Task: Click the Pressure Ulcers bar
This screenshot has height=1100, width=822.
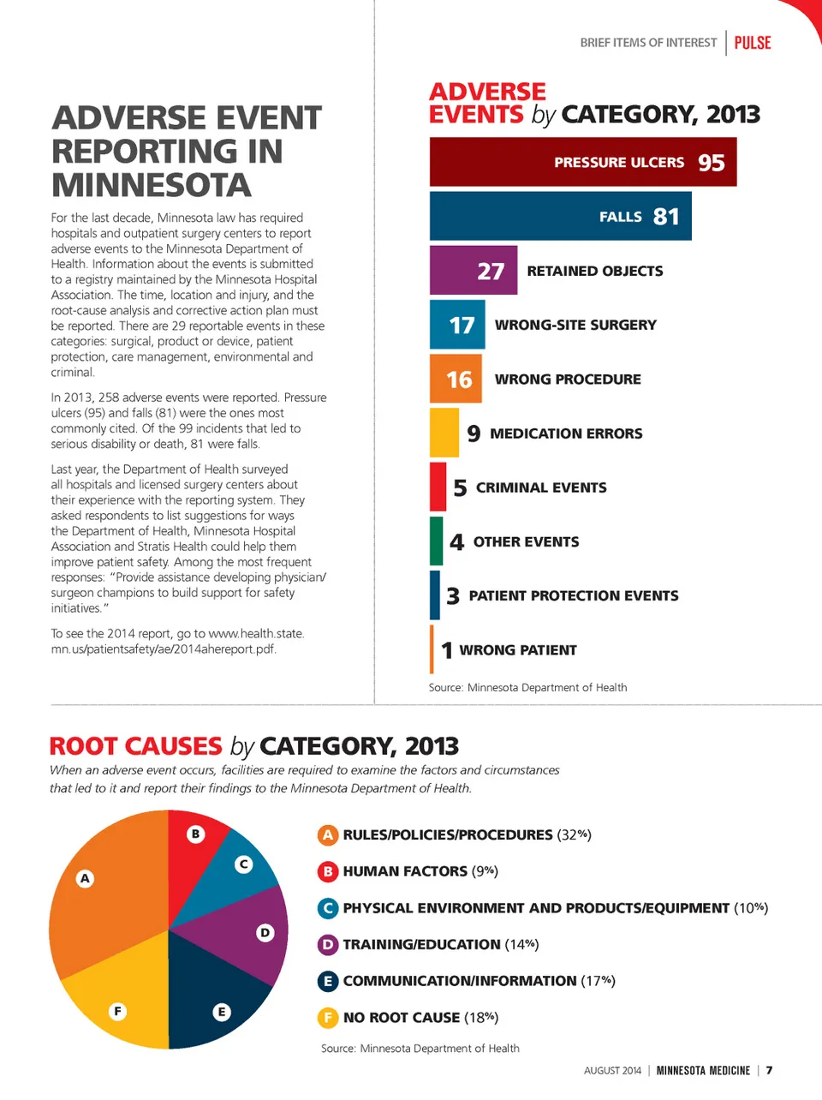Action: tap(582, 162)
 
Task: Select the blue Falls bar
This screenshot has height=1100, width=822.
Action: tap(560, 216)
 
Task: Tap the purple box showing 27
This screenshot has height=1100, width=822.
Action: tap(474, 271)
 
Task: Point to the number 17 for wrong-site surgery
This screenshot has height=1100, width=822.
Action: tap(461, 326)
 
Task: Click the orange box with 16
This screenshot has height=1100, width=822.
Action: tap(456, 380)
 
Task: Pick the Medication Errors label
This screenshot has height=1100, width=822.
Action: tap(565, 433)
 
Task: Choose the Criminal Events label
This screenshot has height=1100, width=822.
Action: tap(540, 487)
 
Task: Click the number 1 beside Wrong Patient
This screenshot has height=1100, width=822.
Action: tap(446, 650)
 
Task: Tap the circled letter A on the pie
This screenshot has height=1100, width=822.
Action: tap(85, 878)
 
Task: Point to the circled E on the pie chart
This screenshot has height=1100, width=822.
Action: tap(221, 1012)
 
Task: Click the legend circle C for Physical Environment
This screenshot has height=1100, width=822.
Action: tap(327, 908)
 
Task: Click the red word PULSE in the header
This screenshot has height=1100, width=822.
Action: tap(753, 43)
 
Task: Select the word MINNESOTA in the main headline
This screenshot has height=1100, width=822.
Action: tap(152, 185)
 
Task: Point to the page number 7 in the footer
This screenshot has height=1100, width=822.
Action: tap(769, 1070)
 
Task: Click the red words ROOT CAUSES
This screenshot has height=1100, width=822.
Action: tap(136, 746)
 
